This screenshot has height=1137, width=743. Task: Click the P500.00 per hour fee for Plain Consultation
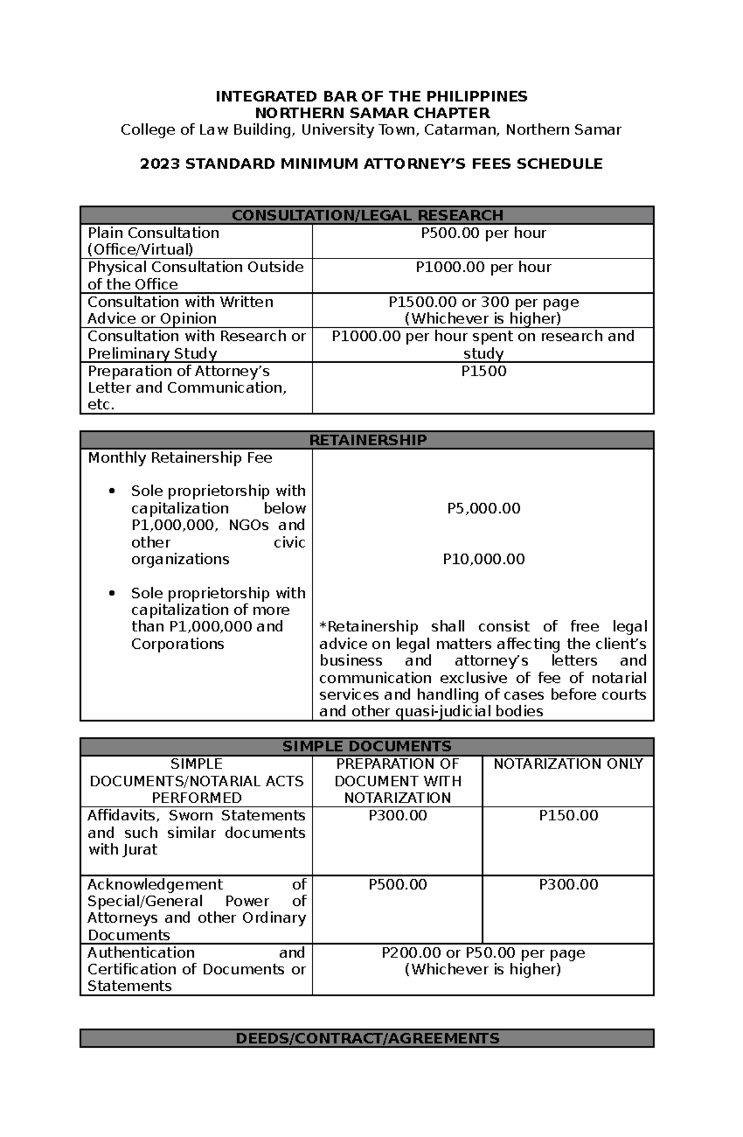coord(483,233)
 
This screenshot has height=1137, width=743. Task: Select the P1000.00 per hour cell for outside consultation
coord(483,267)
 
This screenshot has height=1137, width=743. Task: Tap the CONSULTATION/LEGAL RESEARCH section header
coord(367,215)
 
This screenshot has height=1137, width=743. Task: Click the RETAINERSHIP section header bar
coord(367,440)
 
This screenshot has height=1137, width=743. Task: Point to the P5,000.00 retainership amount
coord(483,508)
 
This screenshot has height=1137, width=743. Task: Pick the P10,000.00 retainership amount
coord(483,559)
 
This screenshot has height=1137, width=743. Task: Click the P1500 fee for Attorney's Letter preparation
coord(483,371)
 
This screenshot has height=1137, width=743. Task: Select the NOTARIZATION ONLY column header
coord(568,764)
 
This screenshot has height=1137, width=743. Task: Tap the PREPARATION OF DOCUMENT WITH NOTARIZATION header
coord(397,781)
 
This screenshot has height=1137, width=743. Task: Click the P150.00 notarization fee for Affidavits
coord(568,815)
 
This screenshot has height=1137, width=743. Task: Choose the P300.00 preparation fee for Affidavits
coord(397,815)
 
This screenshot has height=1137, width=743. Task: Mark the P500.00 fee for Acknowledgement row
coord(397,884)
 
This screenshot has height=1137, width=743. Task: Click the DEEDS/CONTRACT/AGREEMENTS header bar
coord(367,1038)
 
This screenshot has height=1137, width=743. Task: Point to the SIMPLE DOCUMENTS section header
coord(367,746)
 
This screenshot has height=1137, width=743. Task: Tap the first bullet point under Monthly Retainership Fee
coord(112,491)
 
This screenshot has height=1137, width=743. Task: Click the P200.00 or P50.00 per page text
coord(483,952)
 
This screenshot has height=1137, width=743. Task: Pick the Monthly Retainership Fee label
coord(180,458)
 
